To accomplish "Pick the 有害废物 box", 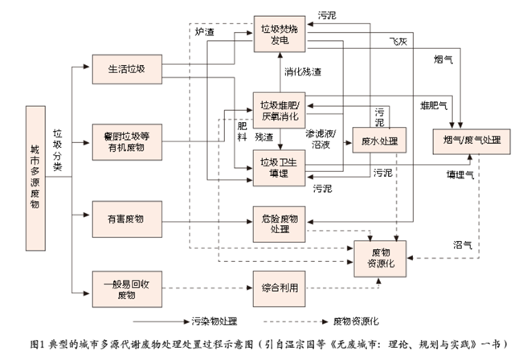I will [x=125, y=218].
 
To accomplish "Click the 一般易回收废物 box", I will [x=125, y=287].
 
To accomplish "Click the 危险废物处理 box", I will [x=280, y=224].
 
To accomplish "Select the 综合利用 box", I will [x=280, y=287].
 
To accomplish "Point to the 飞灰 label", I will [x=398, y=40].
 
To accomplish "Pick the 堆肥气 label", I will [x=435, y=104].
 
